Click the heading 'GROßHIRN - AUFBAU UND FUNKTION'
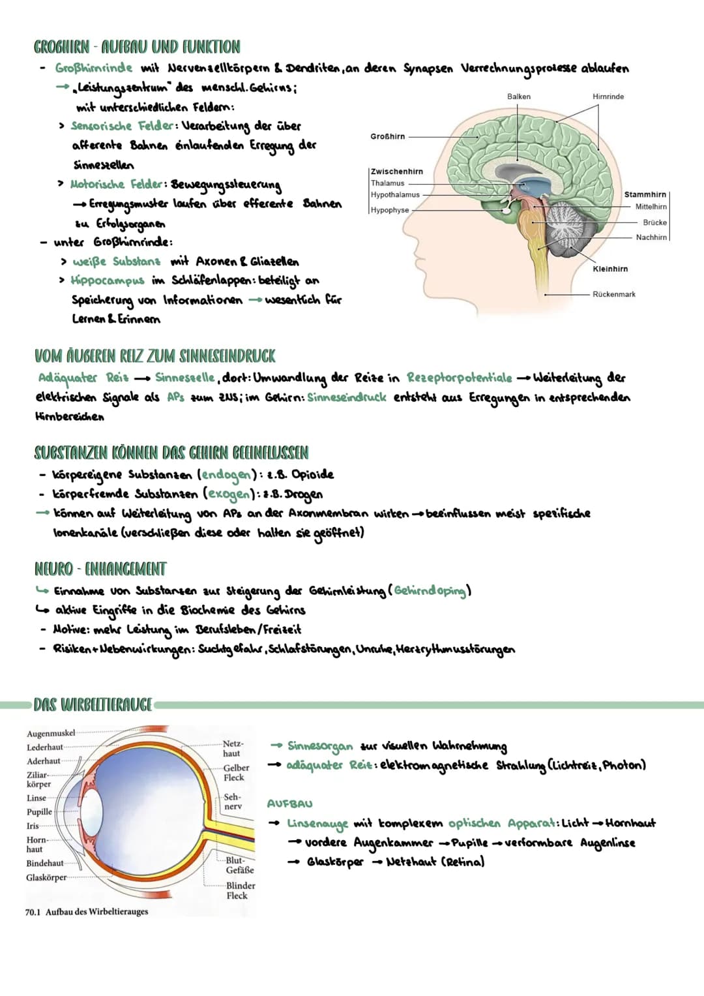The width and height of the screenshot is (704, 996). pyautogui.click(x=137, y=47)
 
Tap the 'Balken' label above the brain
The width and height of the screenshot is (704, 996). pyautogui.click(x=518, y=97)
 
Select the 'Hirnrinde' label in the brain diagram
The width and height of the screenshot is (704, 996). pyautogui.click(x=608, y=97)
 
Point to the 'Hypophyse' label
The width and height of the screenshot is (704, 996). pyautogui.click(x=390, y=210)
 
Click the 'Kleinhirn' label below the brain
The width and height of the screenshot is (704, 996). pyautogui.click(x=610, y=269)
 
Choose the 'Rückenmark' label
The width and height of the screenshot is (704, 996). pyautogui.click(x=613, y=294)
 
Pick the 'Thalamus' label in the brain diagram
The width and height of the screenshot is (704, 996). pyautogui.click(x=388, y=183)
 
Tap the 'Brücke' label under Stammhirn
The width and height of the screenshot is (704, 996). pyautogui.click(x=654, y=222)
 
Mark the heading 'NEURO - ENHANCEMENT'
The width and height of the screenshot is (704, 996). pyautogui.click(x=100, y=569)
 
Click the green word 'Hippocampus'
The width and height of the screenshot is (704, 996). pyautogui.click(x=108, y=280)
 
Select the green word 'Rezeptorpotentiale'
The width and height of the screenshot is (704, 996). pyautogui.click(x=459, y=378)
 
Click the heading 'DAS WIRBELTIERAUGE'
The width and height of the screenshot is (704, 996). pyautogui.click(x=93, y=705)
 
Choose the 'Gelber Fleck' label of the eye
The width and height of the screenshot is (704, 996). pyautogui.click(x=235, y=773)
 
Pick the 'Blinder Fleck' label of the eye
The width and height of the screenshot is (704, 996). pyautogui.click(x=240, y=890)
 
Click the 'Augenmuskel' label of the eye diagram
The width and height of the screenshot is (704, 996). pyautogui.click(x=51, y=733)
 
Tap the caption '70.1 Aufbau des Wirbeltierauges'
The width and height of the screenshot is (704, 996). pyautogui.click(x=87, y=912)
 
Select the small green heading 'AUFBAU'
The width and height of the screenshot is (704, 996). pyautogui.click(x=289, y=804)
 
